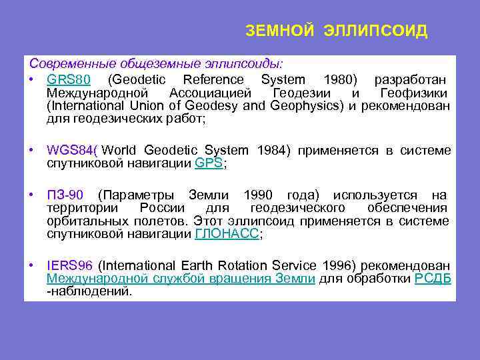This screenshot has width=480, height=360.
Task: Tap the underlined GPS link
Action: click(209, 163)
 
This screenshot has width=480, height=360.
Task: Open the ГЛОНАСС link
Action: click(226, 234)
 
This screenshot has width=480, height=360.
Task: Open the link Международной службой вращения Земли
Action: click(181, 279)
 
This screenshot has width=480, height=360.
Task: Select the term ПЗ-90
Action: click(65, 195)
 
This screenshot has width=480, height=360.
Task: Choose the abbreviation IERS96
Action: click(69, 266)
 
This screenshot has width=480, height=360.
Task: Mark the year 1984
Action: click(271, 151)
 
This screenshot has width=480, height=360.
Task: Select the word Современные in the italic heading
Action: click(72, 64)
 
